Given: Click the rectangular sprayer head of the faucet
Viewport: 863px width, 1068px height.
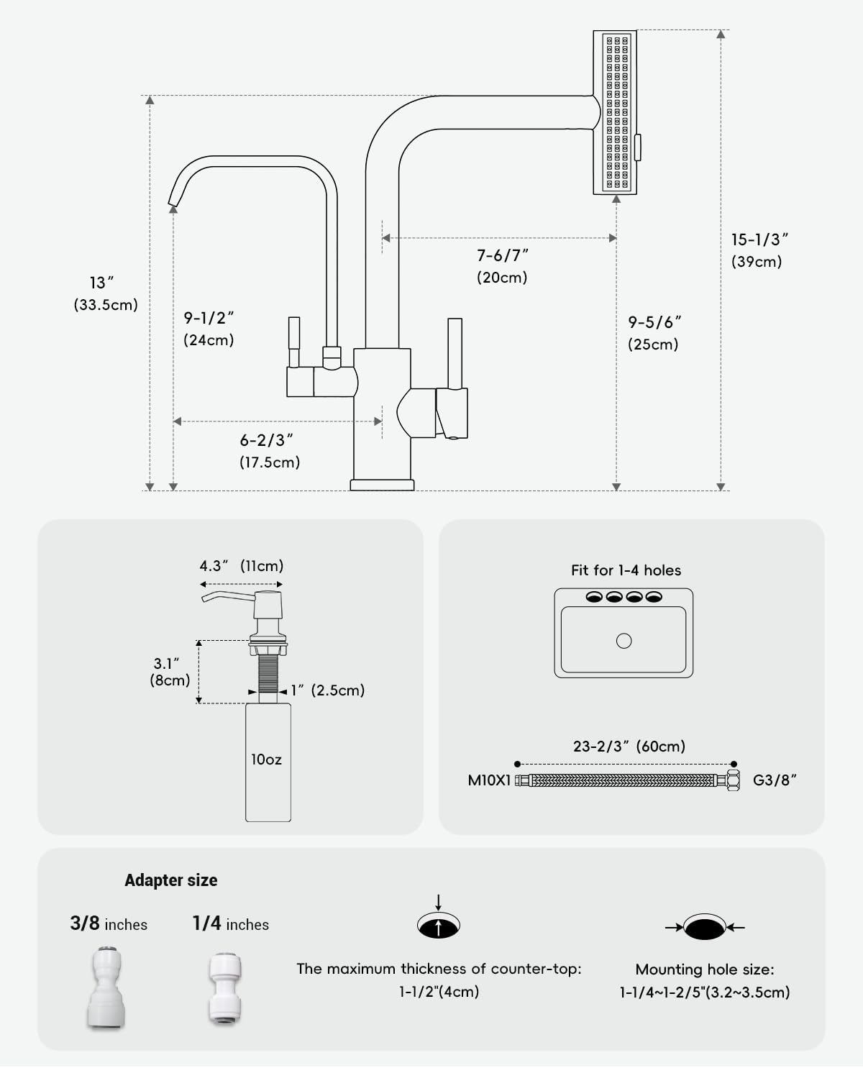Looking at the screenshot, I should pos(615,113).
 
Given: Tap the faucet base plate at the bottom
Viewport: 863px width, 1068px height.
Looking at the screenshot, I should pos(382,485).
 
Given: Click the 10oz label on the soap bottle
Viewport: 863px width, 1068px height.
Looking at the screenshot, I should pos(266,759).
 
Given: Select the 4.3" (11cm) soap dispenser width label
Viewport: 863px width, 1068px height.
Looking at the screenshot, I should pos(241,566).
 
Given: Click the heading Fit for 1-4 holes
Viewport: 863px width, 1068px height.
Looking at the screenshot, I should pos(626,570).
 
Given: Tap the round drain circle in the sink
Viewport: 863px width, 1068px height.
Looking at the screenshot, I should pos(624,641).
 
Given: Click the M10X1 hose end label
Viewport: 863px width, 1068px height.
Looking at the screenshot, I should pos(489,780).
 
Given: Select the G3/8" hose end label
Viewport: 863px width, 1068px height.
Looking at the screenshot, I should pos(775,780).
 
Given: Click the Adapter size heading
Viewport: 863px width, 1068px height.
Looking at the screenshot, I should pos(170,880).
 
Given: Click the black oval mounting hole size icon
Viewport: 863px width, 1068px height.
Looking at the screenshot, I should pos(705,927).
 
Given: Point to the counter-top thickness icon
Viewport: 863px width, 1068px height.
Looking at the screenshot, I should pos(439,925).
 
